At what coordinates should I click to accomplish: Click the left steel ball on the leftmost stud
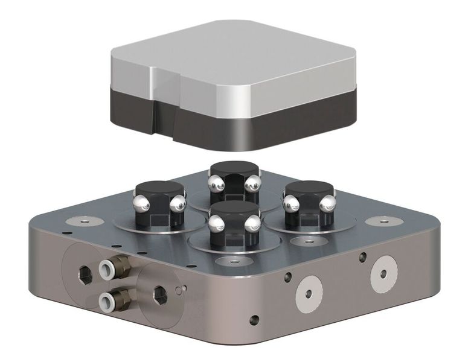(x=138, y=200)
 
